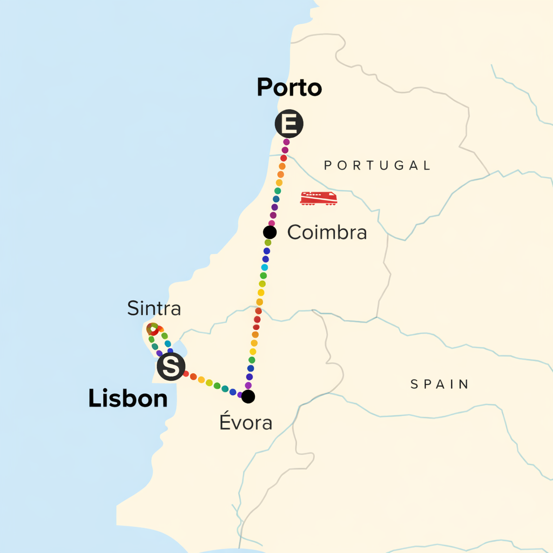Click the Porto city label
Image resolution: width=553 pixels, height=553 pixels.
coord(289,87)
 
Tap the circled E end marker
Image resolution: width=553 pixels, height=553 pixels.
coord(289,124)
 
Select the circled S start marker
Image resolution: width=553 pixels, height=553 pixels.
coord(171,367)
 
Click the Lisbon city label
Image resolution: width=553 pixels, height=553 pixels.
coord(127,399)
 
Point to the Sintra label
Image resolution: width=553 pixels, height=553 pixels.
coord(154,309)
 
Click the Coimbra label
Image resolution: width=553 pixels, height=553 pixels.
coord(327,233)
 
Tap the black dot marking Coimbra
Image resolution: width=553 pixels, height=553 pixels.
coord(269,232)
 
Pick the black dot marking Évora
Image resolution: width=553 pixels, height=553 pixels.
coord(248,396)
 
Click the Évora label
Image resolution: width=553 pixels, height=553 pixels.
coord(245,423)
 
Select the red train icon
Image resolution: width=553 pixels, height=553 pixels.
coord(319,198)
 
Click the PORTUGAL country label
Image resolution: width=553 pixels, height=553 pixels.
coord(377,165)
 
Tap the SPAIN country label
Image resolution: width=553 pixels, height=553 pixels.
coord(440,385)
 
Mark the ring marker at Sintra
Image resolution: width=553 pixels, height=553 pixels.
coord(153,328)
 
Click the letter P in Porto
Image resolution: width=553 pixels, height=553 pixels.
coord(264,87)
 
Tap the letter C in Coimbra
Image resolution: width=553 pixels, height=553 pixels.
coord(294,233)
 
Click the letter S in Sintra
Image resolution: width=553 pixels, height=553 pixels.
coord(132,309)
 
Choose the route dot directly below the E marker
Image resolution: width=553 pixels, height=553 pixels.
coord(286,142)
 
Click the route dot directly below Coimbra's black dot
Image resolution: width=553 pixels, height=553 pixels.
coord(268,242)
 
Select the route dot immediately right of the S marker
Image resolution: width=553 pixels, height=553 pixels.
coord(186,374)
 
